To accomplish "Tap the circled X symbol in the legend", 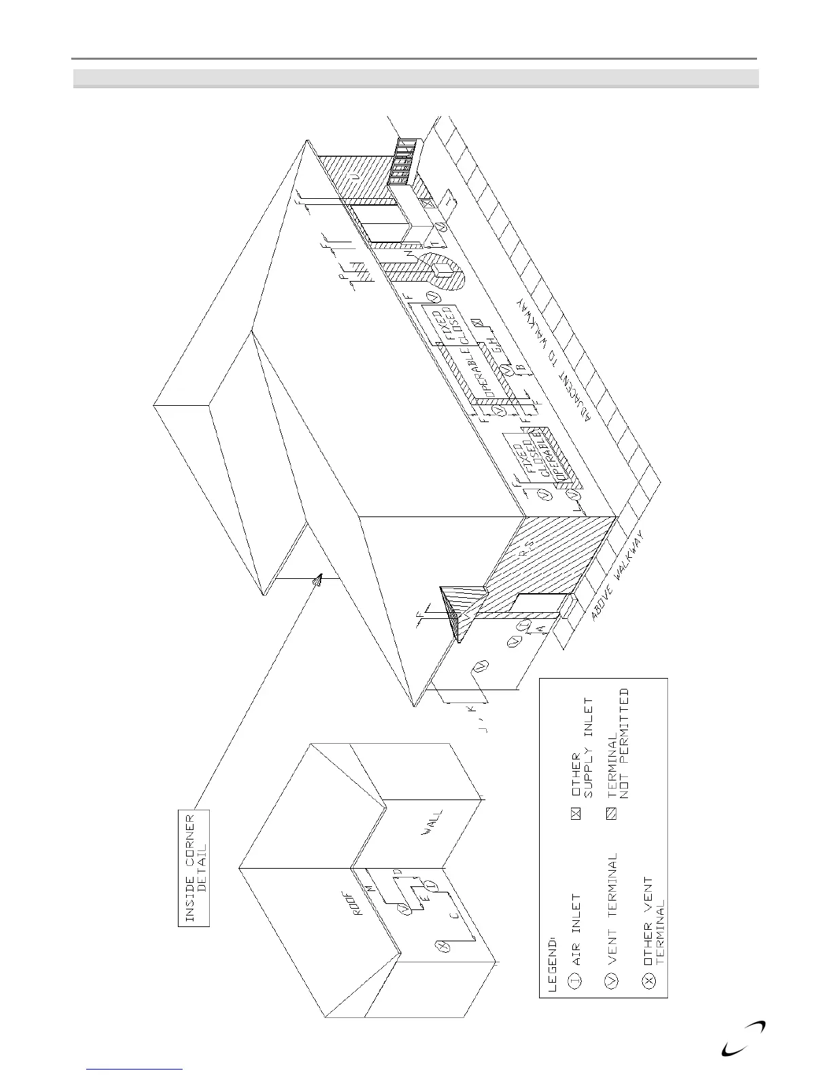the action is tap(648, 979).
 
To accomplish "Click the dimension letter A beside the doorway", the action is tap(540, 629).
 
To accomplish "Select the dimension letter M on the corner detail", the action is tap(371, 887).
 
